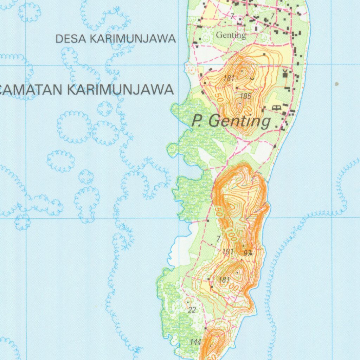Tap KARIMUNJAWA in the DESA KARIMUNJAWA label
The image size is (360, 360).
click(133, 39)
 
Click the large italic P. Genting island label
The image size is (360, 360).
click(231, 122)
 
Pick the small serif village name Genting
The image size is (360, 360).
click(231, 35)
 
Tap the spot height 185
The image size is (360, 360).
click(245, 96)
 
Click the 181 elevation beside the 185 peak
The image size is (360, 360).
click(229, 78)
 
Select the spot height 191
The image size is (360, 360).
click(228, 252)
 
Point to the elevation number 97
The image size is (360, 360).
click(247, 253)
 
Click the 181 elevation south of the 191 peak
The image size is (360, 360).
click(224, 280)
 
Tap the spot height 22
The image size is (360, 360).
click(192, 310)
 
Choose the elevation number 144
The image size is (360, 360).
click(195, 342)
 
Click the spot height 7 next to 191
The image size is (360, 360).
click(218, 239)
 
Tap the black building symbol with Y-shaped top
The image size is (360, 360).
click(285, 73)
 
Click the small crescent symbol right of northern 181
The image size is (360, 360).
click(252, 78)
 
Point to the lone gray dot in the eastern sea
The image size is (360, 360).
click(337, 84)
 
